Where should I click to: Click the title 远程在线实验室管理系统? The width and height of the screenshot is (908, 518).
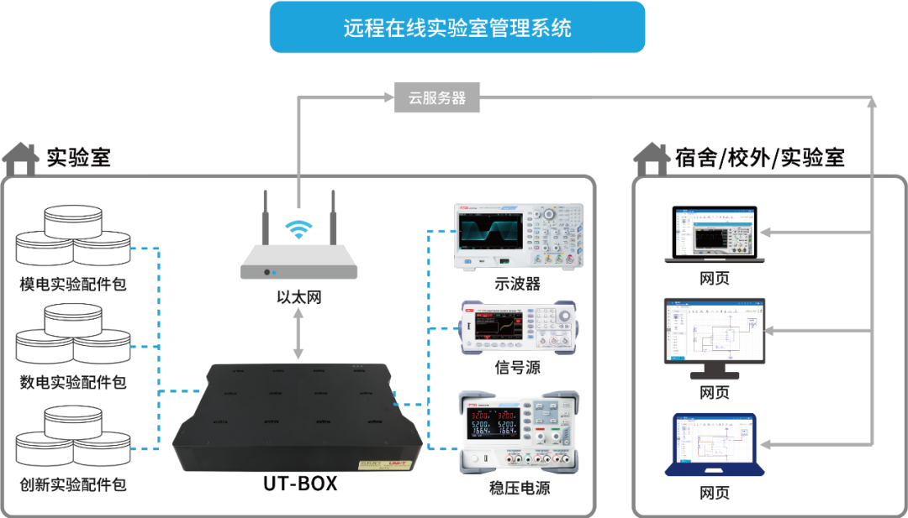tap(457, 28)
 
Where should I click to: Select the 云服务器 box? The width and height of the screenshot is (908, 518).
tap(437, 97)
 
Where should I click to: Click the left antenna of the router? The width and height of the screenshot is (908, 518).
tap(264, 220)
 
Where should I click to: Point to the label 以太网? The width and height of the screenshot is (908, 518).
tap(298, 297)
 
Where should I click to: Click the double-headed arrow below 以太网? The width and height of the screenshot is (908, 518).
tap(298, 334)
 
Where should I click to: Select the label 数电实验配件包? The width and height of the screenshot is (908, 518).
tap(73, 383)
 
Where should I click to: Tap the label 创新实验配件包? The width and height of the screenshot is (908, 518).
tap(73, 484)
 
